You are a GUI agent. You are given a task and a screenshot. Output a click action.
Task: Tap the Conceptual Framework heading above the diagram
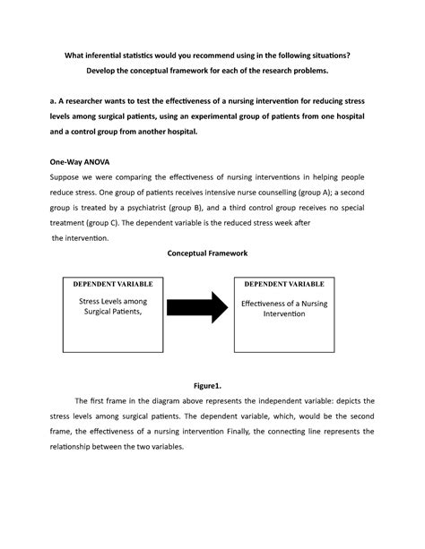click(x=211, y=254)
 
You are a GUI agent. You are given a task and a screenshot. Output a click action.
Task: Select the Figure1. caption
click(x=212, y=384)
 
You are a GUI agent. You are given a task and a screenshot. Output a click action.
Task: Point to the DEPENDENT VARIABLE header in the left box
click(x=112, y=283)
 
